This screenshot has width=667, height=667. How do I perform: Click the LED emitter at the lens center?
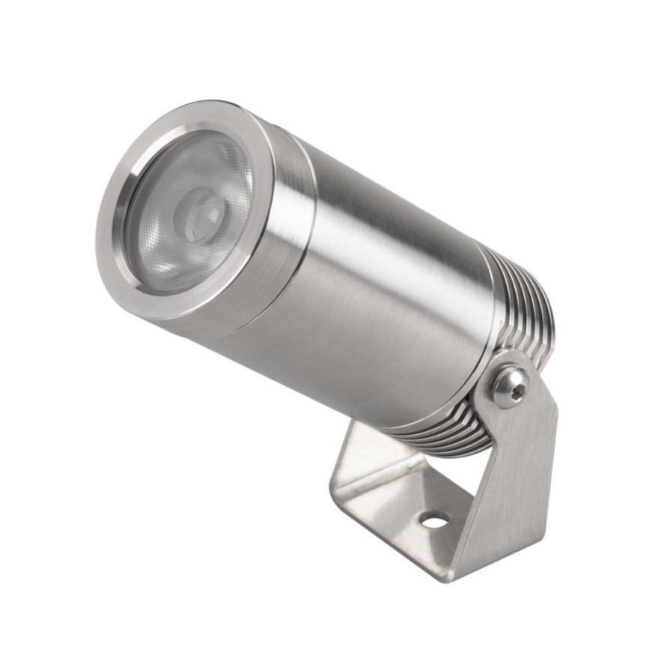[201, 213]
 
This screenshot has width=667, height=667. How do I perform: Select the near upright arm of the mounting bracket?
[517, 479]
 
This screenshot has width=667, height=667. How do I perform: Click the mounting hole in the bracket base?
[433, 519]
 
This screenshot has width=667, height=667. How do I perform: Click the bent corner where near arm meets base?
[457, 569]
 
